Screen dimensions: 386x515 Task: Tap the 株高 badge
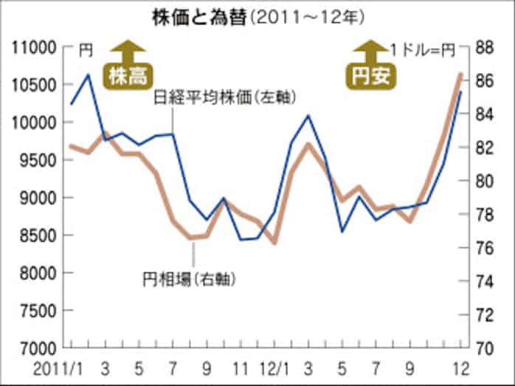(128, 76)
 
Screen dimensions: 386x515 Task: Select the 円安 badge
(370, 76)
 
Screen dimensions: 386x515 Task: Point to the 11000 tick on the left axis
(35, 48)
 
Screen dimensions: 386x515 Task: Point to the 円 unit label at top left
(86, 49)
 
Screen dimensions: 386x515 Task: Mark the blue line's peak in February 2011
(89, 75)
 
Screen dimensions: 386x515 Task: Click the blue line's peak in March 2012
(308, 116)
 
